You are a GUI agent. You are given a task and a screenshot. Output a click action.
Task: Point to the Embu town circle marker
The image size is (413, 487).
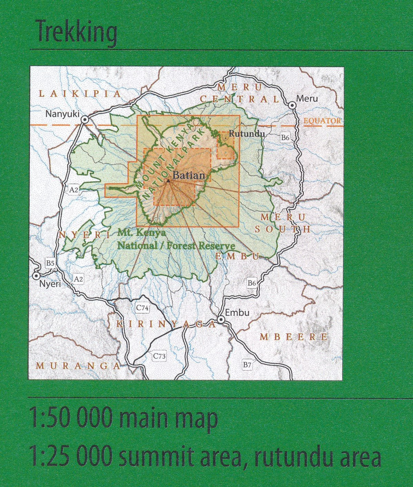221,320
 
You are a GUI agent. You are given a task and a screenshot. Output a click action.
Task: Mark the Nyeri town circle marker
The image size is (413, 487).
36,276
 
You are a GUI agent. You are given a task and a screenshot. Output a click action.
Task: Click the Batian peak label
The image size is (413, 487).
188,175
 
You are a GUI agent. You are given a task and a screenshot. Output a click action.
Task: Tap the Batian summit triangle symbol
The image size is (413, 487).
168,181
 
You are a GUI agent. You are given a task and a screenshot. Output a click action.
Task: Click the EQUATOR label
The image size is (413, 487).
322,120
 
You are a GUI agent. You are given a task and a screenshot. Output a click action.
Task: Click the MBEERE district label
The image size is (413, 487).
293,337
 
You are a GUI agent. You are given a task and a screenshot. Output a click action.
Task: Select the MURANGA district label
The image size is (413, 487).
78,366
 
